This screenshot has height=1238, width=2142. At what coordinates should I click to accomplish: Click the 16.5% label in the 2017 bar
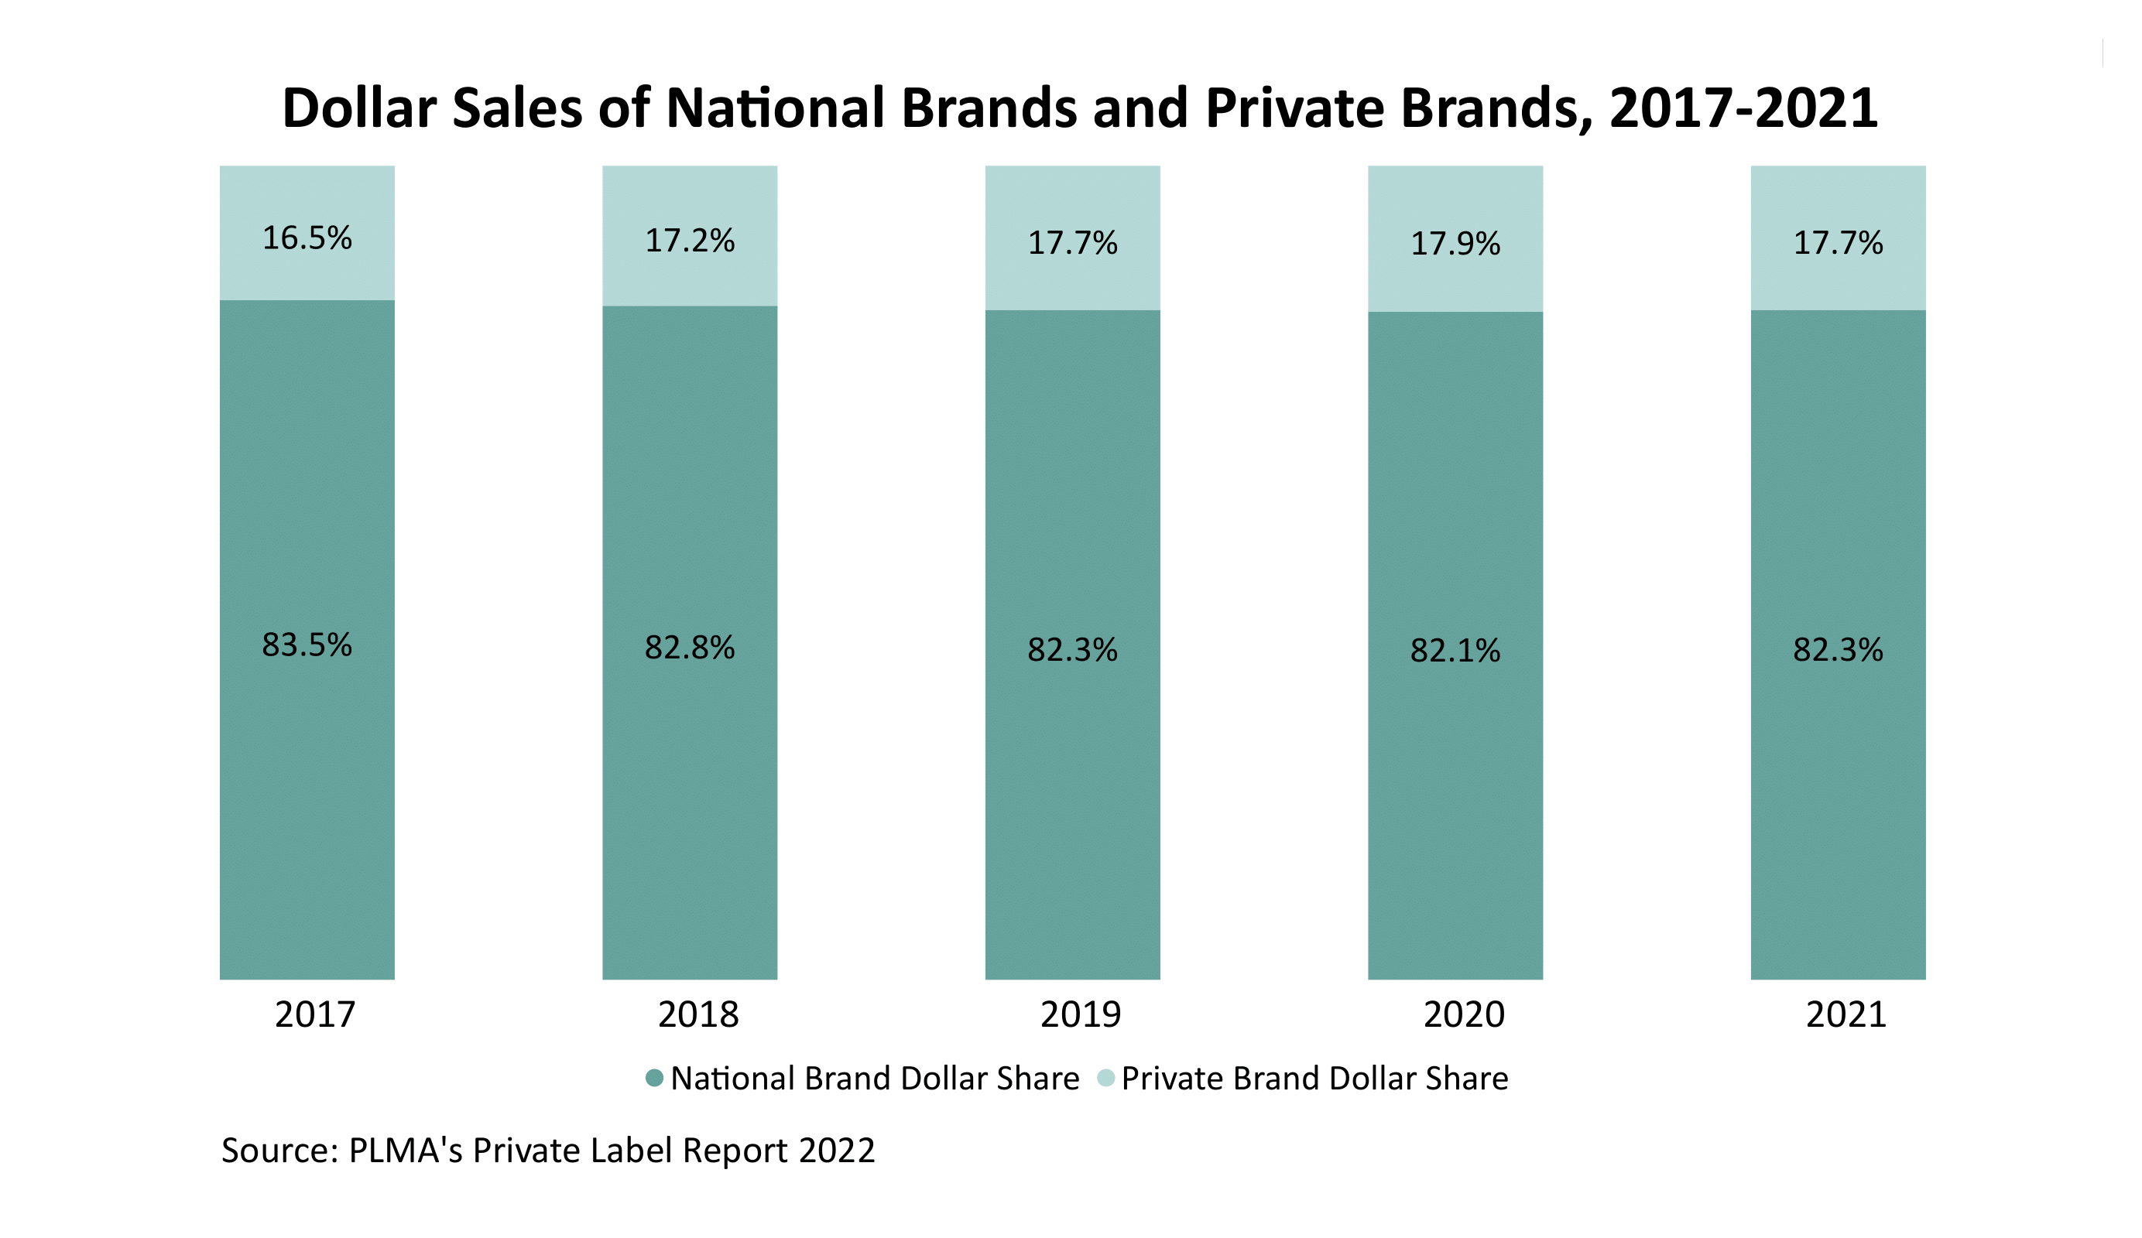click(307, 238)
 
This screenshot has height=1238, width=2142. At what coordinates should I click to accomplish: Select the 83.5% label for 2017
click(307, 645)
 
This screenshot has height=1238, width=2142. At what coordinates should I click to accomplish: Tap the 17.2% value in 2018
click(689, 241)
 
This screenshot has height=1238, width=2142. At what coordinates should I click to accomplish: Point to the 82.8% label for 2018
click(689, 648)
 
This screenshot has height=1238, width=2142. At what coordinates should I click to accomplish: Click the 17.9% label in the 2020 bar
click(1455, 244)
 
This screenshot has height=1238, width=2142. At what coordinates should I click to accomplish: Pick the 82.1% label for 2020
click(1455, 651)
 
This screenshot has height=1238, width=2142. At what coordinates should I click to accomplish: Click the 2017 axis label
click(314, 1014)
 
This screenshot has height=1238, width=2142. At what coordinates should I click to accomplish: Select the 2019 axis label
click(1081, 1014)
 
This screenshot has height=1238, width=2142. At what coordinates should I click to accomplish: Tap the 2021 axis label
click(1846, 1014)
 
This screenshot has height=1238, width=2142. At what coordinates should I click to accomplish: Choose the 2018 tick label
click(697, 1014)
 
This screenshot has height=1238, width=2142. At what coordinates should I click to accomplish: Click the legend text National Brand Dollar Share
click(874, 1079)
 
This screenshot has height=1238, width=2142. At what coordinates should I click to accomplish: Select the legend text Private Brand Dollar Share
click(1314, 1079)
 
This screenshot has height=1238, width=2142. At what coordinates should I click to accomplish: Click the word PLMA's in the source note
click(406, 1151)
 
